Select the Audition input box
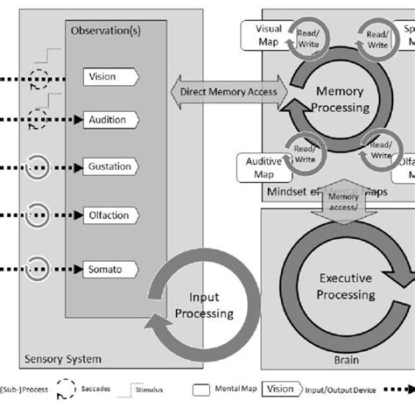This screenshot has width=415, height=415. click(108, 120)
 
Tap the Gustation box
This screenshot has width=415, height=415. click(110, 166)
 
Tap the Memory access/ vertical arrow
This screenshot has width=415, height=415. click(343, 205)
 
